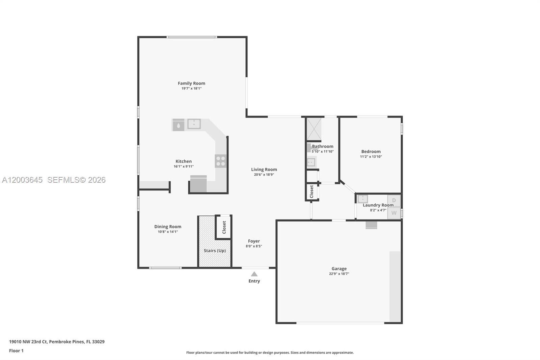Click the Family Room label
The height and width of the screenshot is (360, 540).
click(191, 83)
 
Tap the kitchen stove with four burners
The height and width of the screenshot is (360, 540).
click(221, 161)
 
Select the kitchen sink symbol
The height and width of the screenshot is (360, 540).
click(194, 124)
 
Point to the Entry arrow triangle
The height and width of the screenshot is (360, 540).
click(254, 274)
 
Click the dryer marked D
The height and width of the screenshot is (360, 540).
click(394, 200)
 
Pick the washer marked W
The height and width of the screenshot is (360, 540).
click(394, 213)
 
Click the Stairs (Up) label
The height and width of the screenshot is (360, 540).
click(215, 251)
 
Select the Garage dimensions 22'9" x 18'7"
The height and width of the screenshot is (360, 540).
click(339, 274)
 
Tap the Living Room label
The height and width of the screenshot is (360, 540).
click(264, 170)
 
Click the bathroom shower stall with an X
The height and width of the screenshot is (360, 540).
click(314, 129)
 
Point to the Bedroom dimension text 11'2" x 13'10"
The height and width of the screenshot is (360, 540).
click(371, 157)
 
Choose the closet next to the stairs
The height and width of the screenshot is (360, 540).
click(224, 227)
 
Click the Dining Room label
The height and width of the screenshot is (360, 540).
click(168, 227)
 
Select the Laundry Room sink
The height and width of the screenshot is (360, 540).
click(363, 199)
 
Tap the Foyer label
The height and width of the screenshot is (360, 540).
click(254, 241)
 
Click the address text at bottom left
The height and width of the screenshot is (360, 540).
click(57, 342)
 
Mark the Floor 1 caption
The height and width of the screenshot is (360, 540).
click(16, 351)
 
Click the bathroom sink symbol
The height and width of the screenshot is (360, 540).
click(311, 162)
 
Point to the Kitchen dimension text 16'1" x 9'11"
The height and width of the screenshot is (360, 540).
click(184, 166)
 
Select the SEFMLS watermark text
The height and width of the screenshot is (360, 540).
click(76, 180)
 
